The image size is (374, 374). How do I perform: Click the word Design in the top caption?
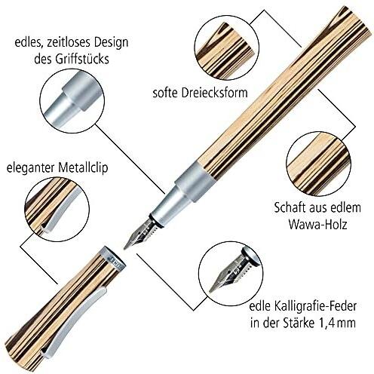coord(108,43)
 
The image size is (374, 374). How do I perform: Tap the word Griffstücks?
coord(82,60)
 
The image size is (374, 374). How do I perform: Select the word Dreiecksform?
coord(214,93)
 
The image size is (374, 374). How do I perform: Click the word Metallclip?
coord(83,167)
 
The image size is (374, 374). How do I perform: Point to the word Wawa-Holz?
coord(317,224)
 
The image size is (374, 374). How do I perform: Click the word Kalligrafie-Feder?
coord(314,307)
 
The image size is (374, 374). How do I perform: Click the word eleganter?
coord(31,168)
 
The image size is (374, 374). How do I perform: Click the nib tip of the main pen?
coord(124,248)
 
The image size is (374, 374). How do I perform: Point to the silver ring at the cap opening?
coord(112,259)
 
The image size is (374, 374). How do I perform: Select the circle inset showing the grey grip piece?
coord(72,101)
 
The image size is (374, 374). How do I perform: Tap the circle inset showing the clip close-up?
coord(57,209)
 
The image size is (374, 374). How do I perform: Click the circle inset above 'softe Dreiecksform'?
coord(227,48)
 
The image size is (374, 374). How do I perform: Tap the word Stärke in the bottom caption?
coord(299,323)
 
